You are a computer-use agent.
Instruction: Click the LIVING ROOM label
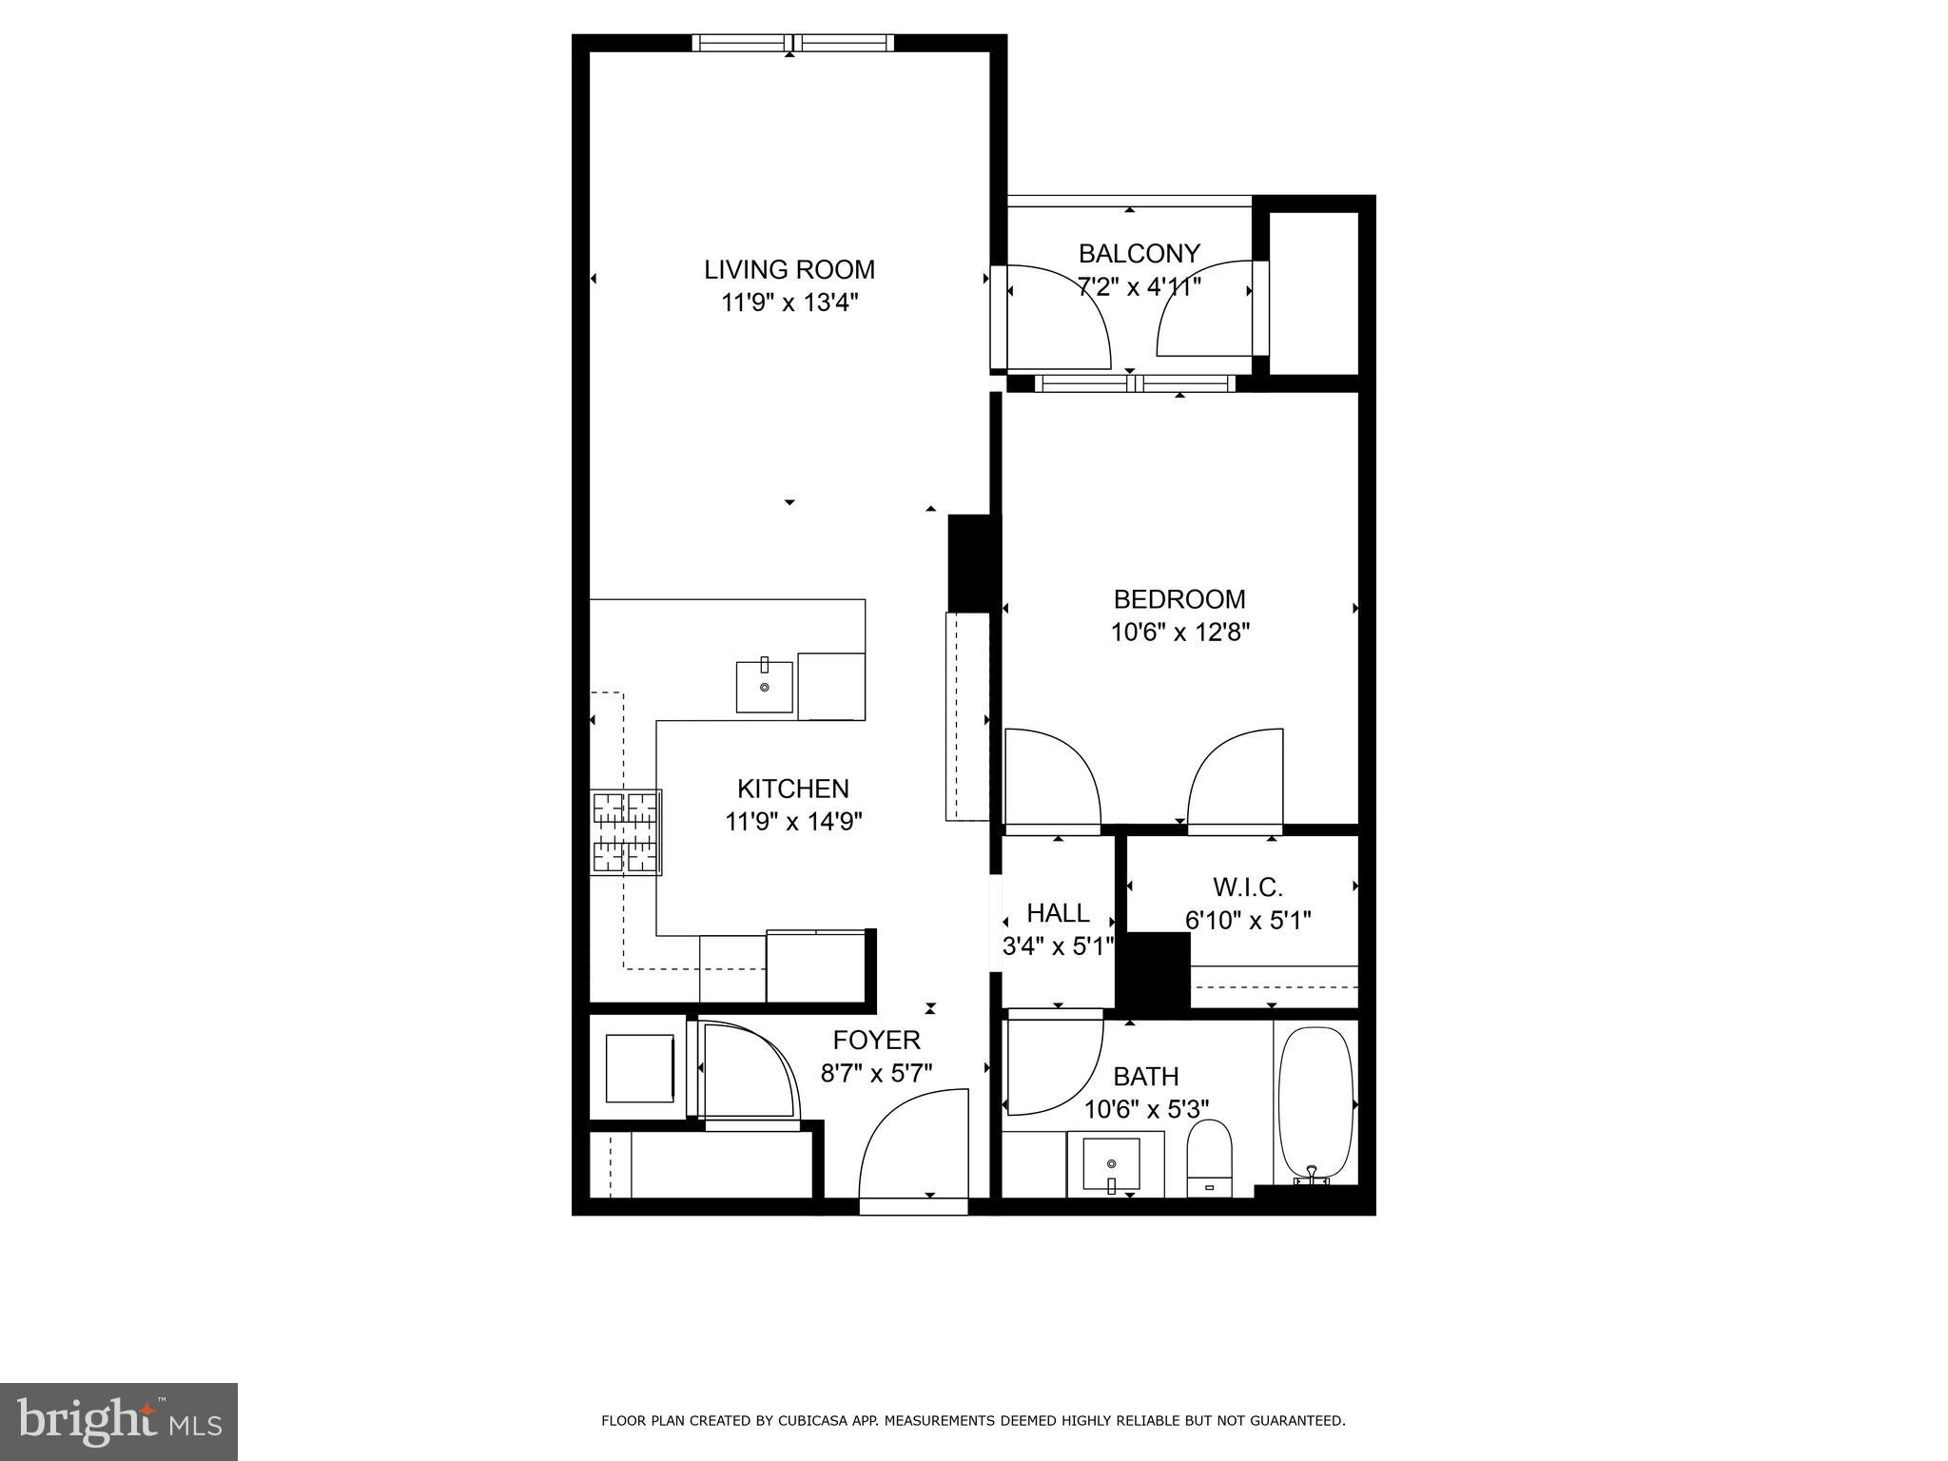[789, 269]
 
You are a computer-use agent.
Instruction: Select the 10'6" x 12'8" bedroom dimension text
[1179, 633]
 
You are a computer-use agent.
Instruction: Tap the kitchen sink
[764, 687]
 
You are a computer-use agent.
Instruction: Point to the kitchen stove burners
[627, 832]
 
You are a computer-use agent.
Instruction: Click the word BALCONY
[1139, 253]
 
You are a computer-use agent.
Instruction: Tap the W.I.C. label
[1247, 887]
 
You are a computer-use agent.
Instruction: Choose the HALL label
[1058, 913]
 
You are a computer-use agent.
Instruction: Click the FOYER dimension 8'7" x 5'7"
[876, 1073]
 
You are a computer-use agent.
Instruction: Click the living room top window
[791, 43]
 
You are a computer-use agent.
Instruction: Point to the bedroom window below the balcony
[1135, 383]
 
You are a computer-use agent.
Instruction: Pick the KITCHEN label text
[792, 789]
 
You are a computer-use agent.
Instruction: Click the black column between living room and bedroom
[971, 562]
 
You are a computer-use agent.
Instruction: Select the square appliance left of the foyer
[639, 1067]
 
